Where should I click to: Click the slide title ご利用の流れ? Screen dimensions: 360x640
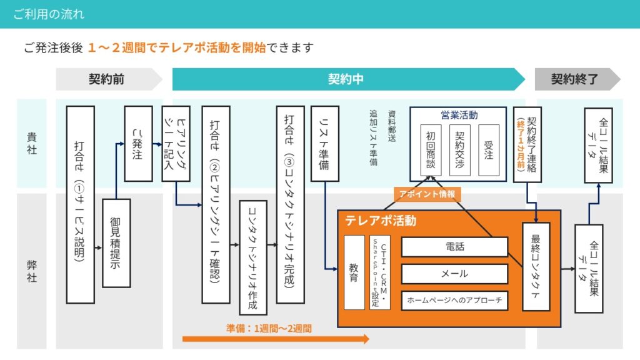point(49,14)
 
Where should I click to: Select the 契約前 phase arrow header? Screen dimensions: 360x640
point(106,79)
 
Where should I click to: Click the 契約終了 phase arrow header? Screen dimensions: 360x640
point(574,79)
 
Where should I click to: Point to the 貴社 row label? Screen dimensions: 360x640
point(31,143)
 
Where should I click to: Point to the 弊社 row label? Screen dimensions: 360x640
point(31,270)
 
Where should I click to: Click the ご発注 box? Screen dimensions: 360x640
point(138,144)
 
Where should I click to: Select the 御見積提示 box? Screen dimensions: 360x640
point(116,243)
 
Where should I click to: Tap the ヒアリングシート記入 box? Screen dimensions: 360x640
point(176,144)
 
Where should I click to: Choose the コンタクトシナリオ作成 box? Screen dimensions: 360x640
point(253,257)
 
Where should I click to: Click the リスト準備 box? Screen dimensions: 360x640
point(325,144)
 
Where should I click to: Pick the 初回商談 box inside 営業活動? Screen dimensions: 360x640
point(431,150)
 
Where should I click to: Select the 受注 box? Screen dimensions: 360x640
point(489,150)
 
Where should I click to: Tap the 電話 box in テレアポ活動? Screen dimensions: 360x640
point(454,247)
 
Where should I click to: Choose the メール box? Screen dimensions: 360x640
point(454,274)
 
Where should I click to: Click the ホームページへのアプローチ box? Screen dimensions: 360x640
point(454,301)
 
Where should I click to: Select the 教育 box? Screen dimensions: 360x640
point(354,272)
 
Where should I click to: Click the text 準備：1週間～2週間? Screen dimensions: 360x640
point(269,327)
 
